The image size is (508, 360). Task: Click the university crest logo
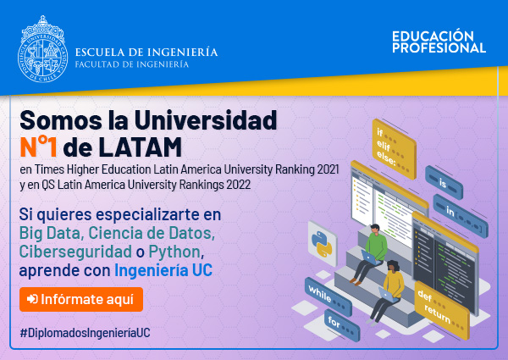[42, 49]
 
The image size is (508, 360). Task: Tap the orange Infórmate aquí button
[81, 299]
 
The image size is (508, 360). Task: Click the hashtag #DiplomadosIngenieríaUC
[86, 333]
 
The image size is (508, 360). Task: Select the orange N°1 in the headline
[38, 147]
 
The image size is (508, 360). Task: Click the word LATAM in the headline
[140, 147]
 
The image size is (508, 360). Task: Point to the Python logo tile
[323, 244]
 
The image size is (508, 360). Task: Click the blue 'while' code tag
[329, 296]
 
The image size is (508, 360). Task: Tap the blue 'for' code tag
[342, 324]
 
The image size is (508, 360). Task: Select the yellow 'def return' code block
[442, 310]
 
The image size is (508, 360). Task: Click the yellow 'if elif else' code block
[394, 148]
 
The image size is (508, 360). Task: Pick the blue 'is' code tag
[444, 182]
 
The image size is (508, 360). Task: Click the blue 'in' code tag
[461, 216]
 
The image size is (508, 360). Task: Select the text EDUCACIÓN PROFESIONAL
[439, 42]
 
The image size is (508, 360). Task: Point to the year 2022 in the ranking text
[239, 185]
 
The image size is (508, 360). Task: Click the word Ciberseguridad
[75, 252]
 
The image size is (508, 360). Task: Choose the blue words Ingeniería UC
[163, 270]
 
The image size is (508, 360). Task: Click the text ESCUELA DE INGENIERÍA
[146, 53]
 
